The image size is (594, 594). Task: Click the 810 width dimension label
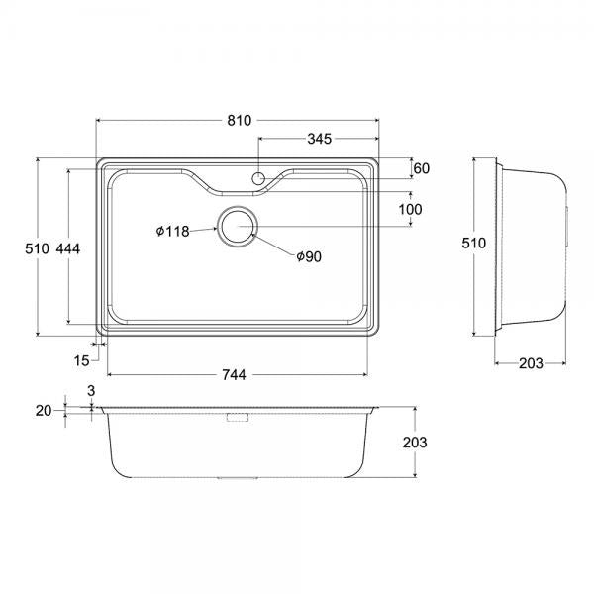[x=239, y=120]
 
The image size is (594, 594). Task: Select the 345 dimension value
[x=320, y=139]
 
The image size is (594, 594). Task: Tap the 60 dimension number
[x=422, y=168]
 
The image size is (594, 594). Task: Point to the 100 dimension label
[x=410, y=209]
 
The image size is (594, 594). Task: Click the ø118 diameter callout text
[x=172, y=231]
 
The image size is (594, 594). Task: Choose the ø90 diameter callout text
[x=309, y=256]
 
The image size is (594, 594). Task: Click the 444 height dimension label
[x=68, y=248]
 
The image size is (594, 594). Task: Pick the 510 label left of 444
[x=38, y=248]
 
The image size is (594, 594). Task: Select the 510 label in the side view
[x=473, y=243]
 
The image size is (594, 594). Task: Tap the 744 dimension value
[x=234, y=374]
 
